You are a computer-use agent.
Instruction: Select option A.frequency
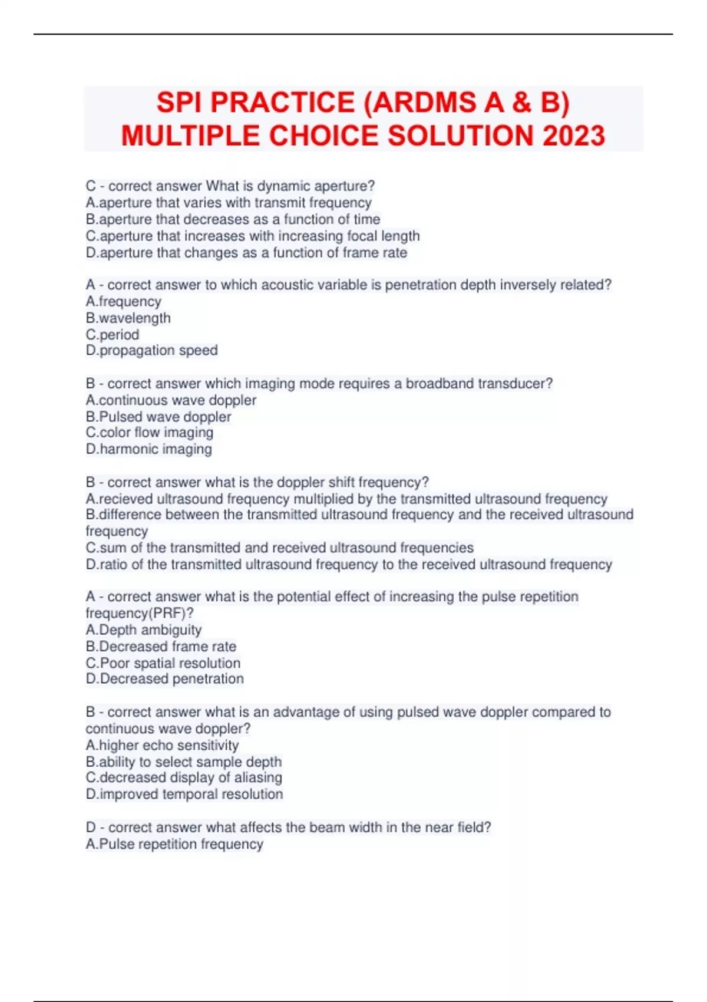123,302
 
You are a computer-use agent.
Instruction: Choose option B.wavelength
128,318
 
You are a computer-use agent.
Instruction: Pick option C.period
113,335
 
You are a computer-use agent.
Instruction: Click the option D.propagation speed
151,351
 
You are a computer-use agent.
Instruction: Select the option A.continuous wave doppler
171,400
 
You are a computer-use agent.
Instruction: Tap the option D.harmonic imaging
148,449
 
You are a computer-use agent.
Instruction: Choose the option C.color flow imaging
149,433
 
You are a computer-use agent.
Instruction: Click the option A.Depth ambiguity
143,630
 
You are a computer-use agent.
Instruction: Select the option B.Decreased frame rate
160,647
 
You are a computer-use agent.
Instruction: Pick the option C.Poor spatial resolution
163,663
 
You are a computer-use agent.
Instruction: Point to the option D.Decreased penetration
164,679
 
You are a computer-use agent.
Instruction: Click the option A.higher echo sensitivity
162,745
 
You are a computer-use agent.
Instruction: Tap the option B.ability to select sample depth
183,762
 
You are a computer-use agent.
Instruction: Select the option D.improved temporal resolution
184,795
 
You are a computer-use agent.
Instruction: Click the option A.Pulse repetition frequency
174,844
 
